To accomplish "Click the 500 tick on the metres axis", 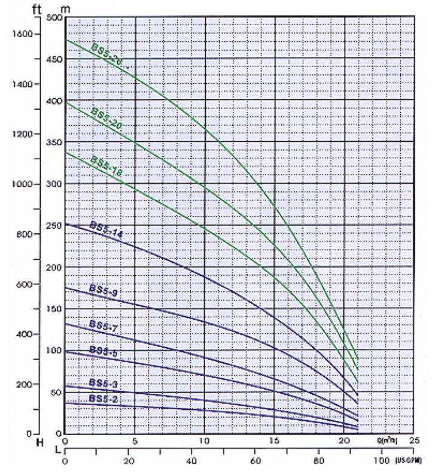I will pyautogui.click(x=54, y=17).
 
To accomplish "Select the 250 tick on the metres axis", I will pyautogui.click(x=54, y=225).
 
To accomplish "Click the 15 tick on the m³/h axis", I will pyautogui.click(x=275, y=442).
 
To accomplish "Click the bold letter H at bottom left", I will pyautogui.click(x=40, y=443).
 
